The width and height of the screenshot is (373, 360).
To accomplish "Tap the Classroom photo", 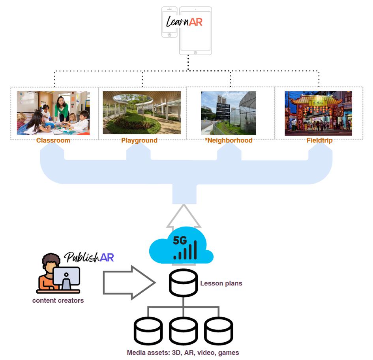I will (53, 113).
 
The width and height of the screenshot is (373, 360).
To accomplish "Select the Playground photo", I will (142, 113).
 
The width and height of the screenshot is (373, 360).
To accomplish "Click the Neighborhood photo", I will (229, 113).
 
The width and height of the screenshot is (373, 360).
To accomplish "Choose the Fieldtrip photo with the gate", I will (318, 113).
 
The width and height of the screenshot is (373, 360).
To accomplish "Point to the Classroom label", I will (53, 141).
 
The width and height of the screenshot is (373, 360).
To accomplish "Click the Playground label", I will (139, 141).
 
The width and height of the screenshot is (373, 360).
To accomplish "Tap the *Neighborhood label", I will (229, 141).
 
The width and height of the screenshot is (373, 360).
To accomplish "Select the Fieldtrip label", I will (320, 141).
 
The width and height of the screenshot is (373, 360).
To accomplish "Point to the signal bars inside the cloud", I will (186, 251).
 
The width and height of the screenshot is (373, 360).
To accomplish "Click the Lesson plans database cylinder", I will (183, 283).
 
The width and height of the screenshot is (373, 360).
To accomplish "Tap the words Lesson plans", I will (221, 283).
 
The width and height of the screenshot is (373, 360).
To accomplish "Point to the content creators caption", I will (58, 300).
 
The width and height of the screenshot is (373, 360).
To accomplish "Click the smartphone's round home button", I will (170, 35).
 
